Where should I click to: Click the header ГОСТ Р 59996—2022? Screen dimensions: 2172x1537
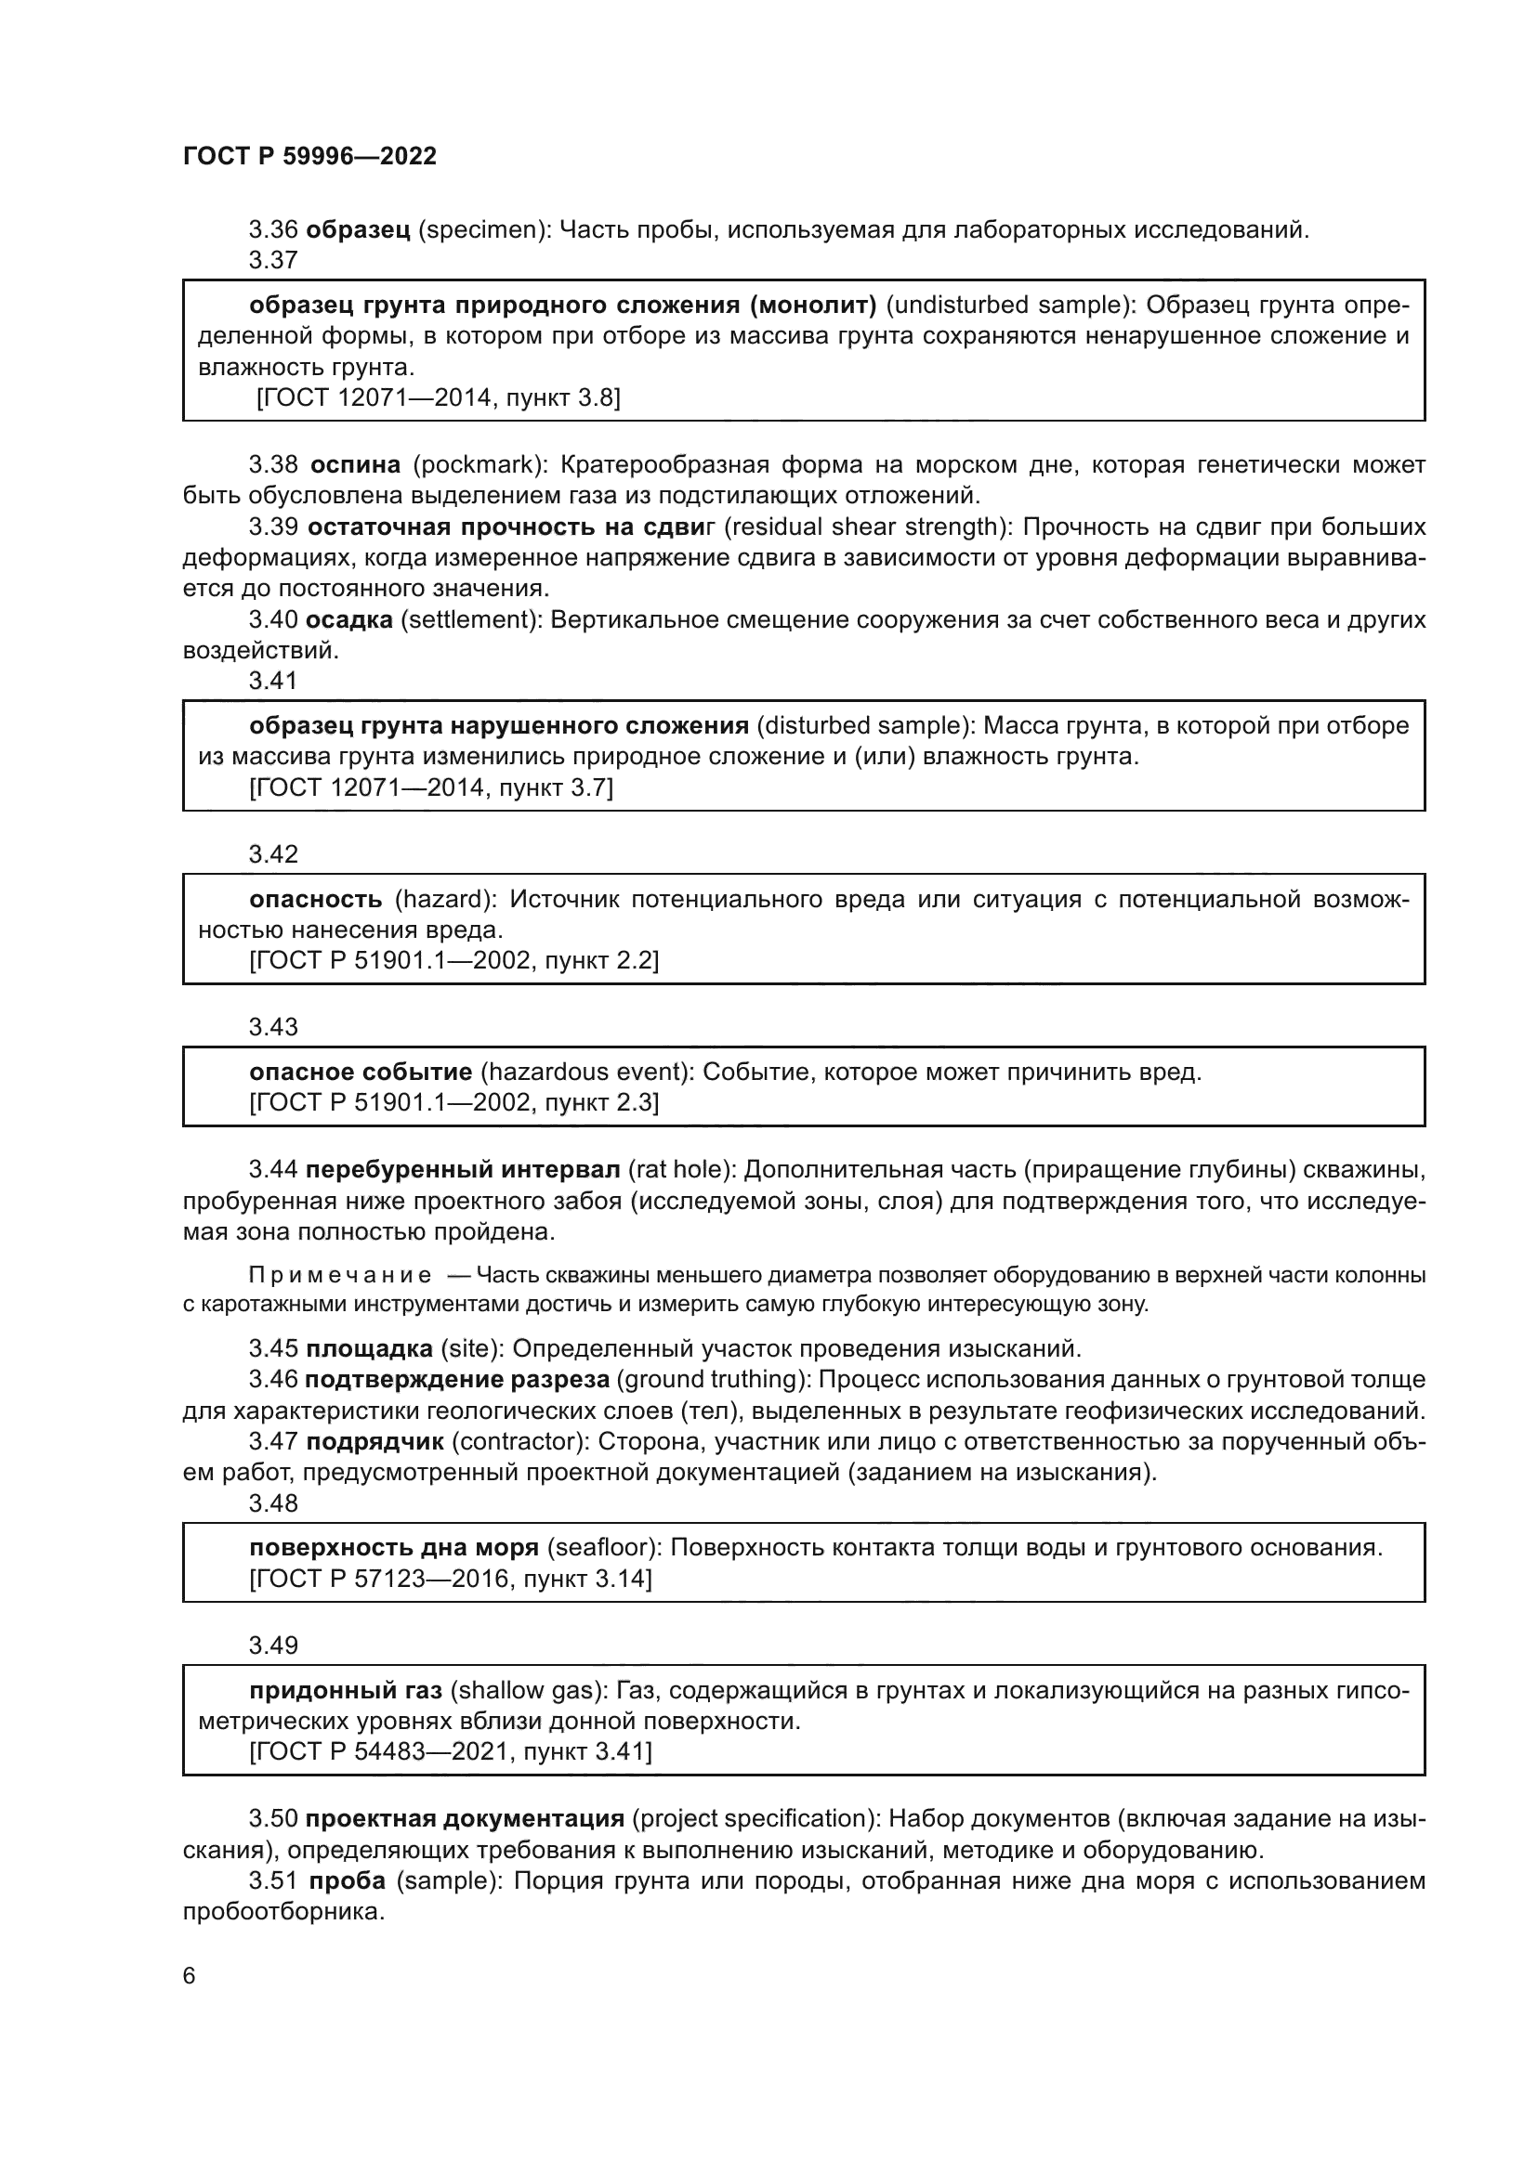(309, 156)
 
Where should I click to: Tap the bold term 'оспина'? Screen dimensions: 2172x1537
(356, 464)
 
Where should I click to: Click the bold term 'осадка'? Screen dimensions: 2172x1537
(349, 619)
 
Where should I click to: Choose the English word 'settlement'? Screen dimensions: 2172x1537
(465, 619)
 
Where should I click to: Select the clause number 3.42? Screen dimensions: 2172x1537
(273, 854)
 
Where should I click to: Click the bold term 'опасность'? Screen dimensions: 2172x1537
(316, 899)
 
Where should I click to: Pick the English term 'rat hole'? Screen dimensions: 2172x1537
(677, 1169)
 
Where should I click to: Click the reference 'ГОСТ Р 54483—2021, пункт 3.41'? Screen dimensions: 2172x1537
(451, 1752)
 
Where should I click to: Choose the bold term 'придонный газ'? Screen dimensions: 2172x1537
(346, 1689)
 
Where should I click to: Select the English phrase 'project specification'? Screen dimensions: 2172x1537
(751, 1818)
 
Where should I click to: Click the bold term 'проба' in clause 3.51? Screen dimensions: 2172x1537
(348, 1880)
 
